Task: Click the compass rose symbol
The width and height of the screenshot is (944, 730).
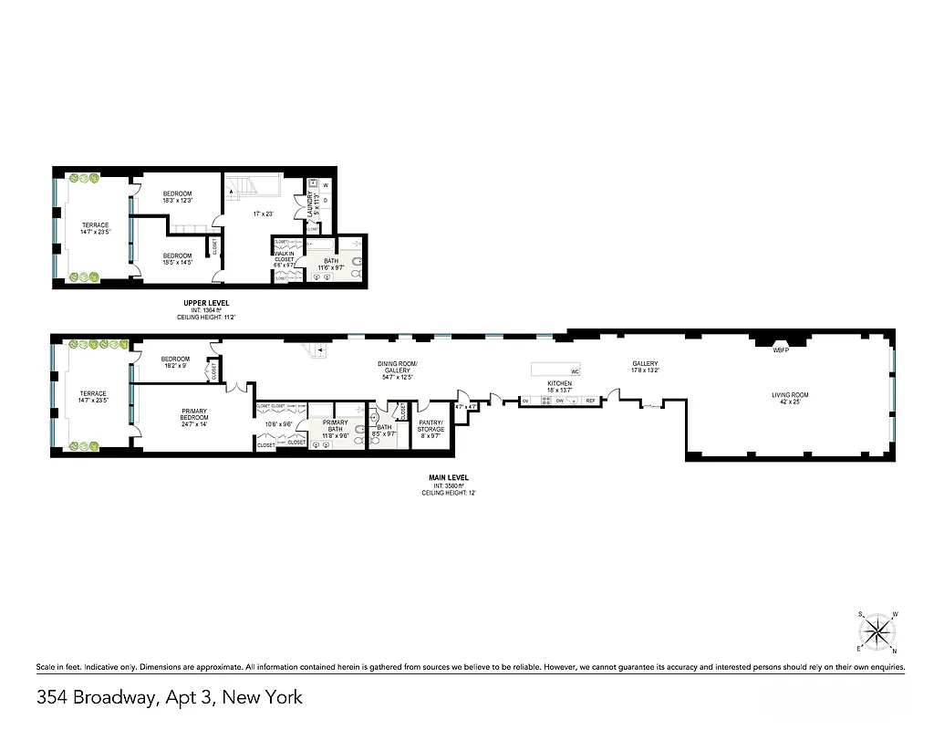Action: point(877,631)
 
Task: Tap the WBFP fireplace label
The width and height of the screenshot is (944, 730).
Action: point(780,349)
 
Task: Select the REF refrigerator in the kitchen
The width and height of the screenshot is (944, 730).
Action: point(590,401)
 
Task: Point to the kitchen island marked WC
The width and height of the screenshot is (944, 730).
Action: point(556,370)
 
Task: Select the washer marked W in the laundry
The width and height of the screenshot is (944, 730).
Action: point(326,185)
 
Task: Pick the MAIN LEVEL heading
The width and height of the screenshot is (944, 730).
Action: point(449,477)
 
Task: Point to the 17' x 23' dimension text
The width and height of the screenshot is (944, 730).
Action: point(263,214)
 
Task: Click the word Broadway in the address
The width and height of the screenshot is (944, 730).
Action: point(118,699)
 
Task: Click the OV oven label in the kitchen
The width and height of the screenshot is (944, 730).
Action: point(525,401)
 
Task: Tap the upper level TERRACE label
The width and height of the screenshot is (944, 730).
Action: point(94,225)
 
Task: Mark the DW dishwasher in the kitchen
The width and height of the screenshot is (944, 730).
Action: point(559,401)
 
